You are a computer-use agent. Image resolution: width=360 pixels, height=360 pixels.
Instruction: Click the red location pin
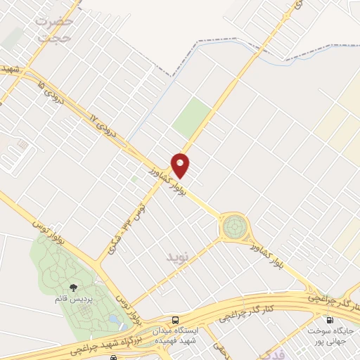[181, 165]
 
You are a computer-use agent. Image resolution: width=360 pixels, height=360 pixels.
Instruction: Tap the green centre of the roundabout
[235, 226]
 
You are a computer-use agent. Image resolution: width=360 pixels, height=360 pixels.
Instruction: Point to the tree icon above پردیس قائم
[73, 287]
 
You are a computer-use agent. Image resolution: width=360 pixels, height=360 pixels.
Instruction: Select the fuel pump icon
[330, 319]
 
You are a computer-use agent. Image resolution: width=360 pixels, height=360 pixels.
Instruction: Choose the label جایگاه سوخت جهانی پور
[330, 335]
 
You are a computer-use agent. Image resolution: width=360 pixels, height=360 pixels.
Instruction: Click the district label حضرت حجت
[53, 29]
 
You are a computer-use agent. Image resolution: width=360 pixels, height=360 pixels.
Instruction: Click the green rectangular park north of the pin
[192, 117]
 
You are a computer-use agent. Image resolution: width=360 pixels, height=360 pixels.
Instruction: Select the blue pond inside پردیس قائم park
[114, 319]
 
